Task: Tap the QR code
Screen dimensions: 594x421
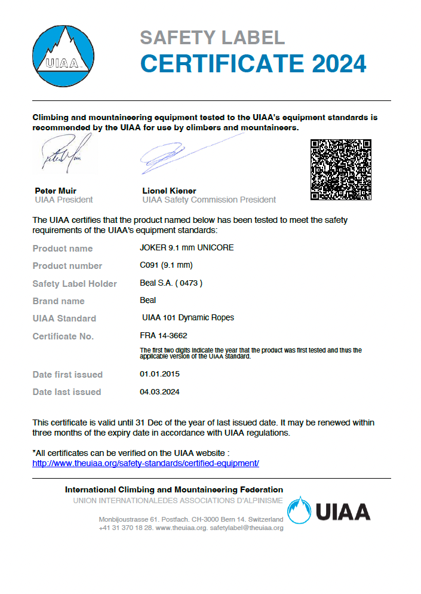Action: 341,169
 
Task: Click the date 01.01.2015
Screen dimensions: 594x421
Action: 159,374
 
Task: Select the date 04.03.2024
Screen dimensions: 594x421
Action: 159,392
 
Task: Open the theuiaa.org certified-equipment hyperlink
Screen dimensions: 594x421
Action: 145,463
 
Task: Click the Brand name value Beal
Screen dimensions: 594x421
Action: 147,300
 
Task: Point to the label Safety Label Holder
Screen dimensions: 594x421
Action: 75,284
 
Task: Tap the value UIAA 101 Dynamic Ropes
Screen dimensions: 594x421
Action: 188,317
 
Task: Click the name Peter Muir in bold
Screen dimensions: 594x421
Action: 56,191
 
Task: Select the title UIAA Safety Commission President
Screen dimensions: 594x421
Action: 209,200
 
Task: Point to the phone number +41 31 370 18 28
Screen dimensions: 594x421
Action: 125,528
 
